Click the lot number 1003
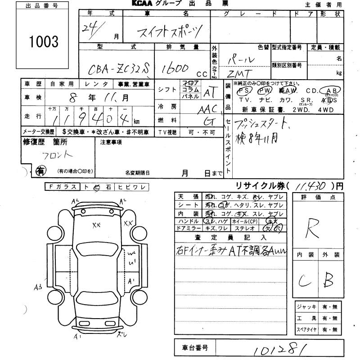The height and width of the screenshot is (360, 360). pyautogui.click(x=44, y=41)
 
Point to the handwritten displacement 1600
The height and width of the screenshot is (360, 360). pyautogui.click(x=175, y=68)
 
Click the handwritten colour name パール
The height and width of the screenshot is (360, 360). pyautogui.click(x=243, y=59)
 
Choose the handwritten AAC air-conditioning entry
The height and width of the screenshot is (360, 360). pyautogui.click(x=208, y=108)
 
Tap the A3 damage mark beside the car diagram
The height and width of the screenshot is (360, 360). pyautogui.click(x=37, y=286)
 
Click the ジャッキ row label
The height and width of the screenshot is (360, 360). pyautogui.click(x=306, y=307)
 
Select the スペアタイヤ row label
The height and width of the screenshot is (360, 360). pyautogui.click(x=306, y=330)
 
